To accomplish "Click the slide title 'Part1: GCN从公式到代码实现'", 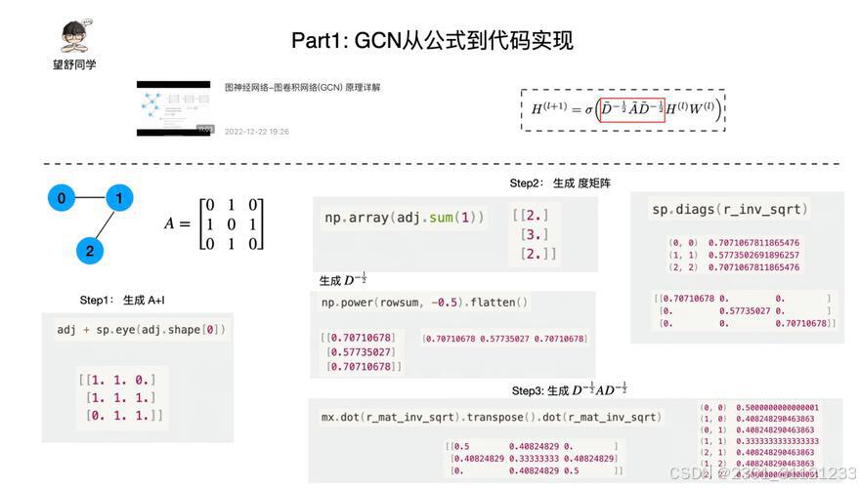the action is [x=432, y=40].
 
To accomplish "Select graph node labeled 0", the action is [x=62, y=199].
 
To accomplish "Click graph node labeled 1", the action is [x=119, y=199].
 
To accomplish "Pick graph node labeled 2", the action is [x=90, y=251].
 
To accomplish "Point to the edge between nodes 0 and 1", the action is [x=90, y=199].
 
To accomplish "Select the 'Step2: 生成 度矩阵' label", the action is [x=560, y=183].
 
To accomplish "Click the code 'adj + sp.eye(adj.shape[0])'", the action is [x=141, y=330].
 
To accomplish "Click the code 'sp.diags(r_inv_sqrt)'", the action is [x=730, y=209].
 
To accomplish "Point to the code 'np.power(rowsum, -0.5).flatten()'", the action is [x=424, y=303].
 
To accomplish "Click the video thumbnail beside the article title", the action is [x=174, y=107].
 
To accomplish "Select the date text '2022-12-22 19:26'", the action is [x=257, y=131].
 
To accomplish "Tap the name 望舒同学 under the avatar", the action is [x=74, y=64].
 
